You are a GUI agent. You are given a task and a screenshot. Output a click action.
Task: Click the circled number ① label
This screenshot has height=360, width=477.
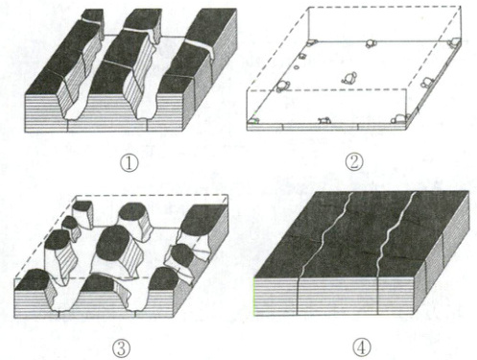pyautogui.click(x=130, y=163)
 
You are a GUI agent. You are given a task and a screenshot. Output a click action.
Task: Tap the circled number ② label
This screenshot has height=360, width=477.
pyautogui.click(x=355, y=161)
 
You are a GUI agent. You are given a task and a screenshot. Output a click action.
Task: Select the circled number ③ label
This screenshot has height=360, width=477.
pyautogui.click(x=121, y=348)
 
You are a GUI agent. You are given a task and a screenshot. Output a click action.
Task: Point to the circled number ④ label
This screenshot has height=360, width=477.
pyautogui.click(x=362, y=348)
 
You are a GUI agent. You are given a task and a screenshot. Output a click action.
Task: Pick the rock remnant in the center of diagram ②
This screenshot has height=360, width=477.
pyautogui.click(x=349, y=78)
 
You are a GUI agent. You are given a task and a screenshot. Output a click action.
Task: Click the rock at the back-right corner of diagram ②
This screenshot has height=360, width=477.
pyautogui.click(x=454, y=42)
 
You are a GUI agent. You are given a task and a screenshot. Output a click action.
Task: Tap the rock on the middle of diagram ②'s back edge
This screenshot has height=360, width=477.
pyautogui.click(x=370, y=43)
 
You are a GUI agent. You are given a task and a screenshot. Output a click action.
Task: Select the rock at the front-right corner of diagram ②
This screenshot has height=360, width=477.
pyautogui.click(x=400, y=119)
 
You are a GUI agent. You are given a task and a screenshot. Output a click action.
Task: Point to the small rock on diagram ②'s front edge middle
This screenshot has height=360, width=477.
pyautogui.click(x=323, y=120)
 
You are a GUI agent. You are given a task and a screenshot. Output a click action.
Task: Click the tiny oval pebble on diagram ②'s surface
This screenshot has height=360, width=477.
pyautogui.click(x=297, y=67)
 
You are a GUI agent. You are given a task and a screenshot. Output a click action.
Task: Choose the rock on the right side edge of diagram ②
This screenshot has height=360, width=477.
pyautogui.click(x=426, y=83)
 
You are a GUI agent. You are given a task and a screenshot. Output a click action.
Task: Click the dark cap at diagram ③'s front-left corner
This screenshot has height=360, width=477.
pyautogui.click(x=33, y=279)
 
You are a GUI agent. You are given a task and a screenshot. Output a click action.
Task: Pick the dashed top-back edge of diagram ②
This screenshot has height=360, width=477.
pyautogui.click(x=385, y=7)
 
